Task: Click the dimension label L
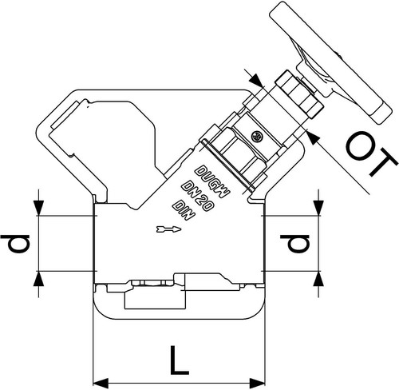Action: (x=180, y=360)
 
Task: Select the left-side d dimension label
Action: (x=15, y=244)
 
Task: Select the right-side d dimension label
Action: (x=295, y=244)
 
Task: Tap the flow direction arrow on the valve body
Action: (x=169, y=229)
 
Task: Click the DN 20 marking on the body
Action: (x=197, y=196)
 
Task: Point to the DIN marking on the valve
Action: (x=184, y=210)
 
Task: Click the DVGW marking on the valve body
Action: (x=212, y=182)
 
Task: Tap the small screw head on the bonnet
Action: (x=257, y=137)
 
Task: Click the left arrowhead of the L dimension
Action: (x=101, y=384)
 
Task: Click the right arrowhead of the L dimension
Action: (x=257, y=384)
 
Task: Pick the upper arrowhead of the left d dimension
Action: (x=39, y=208)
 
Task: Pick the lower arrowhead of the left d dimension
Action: (x=39, y=279)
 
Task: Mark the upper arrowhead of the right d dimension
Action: (x=319, y=208)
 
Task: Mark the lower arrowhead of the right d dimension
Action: (x=319, y=279)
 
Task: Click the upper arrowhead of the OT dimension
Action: (x=256, y=80)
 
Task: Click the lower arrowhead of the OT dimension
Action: (x=314, y=137)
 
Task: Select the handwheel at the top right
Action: (x=331, y=63)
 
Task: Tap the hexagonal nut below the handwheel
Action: (x=299, y=94)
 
